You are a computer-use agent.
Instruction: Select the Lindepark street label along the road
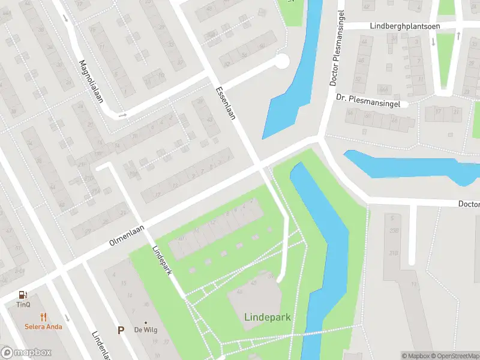(162, 260)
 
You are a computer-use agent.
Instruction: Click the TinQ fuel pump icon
(23, 295)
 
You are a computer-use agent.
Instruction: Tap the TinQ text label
(23, 304)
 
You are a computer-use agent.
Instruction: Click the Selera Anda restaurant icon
(43, 317)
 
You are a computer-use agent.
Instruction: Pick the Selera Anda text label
(43, 327)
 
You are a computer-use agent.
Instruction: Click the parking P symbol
(121, 330)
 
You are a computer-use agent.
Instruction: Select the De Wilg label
(146, 331)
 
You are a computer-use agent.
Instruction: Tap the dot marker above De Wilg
(146, 322)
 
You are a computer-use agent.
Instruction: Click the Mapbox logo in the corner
(26, 353)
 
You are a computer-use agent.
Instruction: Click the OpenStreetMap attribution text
(454, 356)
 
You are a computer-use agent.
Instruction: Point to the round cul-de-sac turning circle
(281, 61)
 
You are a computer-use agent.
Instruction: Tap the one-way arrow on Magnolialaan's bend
(123, 115)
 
